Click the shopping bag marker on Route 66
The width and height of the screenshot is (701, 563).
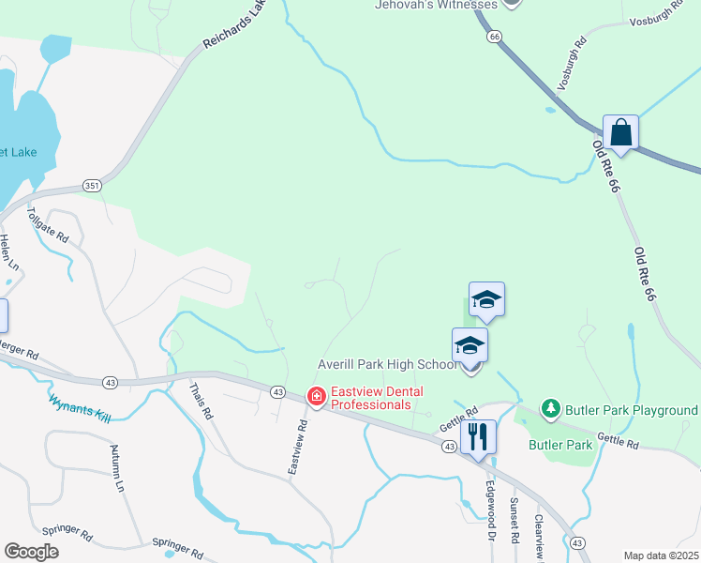620,132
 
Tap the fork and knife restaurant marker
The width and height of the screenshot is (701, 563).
478,436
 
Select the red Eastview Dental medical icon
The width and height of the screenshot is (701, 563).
317,398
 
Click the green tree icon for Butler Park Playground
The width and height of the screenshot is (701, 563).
551,409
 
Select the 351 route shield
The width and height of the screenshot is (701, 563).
90,185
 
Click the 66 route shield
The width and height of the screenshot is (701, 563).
494,36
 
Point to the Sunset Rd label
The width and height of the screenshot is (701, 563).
515,521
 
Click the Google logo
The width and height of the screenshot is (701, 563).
31,552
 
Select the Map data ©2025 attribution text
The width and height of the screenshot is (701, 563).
661,555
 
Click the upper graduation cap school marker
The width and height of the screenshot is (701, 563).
487,300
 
